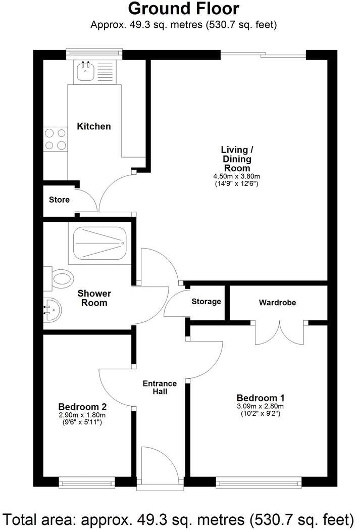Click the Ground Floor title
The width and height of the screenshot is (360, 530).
pyautogui.click(x=183, y=9)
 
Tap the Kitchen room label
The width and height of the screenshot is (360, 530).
pyautogui.click(x=93, y=126)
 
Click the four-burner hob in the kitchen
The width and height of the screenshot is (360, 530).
pyautogui.click(x=55, y=139)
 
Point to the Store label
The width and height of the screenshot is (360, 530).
pyautogui.click(x=59, y=200)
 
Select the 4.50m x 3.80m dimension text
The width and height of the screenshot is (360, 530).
pyautogui.click(x=235, y=176)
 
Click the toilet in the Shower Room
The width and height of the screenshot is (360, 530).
pyautogui.click(x=59, y=278)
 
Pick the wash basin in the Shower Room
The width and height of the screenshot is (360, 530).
pyautogui.click(x=52, y=308)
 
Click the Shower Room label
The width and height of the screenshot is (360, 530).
pyautogui.click(x=94, y=298)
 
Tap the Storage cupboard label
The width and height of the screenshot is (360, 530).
pyautogui.click(x=206, y=302)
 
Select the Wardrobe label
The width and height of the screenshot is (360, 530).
pyautogui.click(x=277, y=303)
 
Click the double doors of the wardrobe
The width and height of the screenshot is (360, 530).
pyautogui.click(x=279, y=333)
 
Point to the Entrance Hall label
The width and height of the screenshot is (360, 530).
pyautogui.click(x=160, y=387)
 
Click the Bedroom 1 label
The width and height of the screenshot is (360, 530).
pyautogui.click(x=257, y=398)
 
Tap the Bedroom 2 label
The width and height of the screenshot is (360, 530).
pyautogui.click(x=82, y=406)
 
